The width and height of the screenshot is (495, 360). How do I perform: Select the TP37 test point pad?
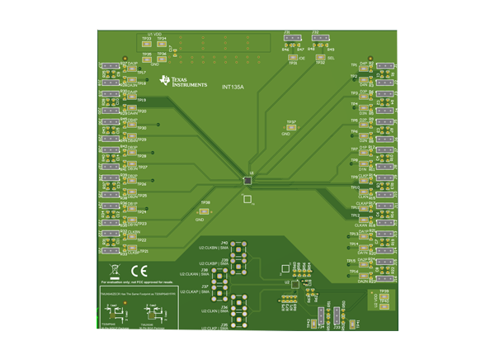[x=291, y=127]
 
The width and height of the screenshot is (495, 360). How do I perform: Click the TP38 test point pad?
[x=206, y=207]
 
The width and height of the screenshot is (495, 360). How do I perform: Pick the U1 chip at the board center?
[x=247, y=179]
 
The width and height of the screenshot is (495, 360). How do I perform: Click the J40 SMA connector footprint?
[x=240, y=249]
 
